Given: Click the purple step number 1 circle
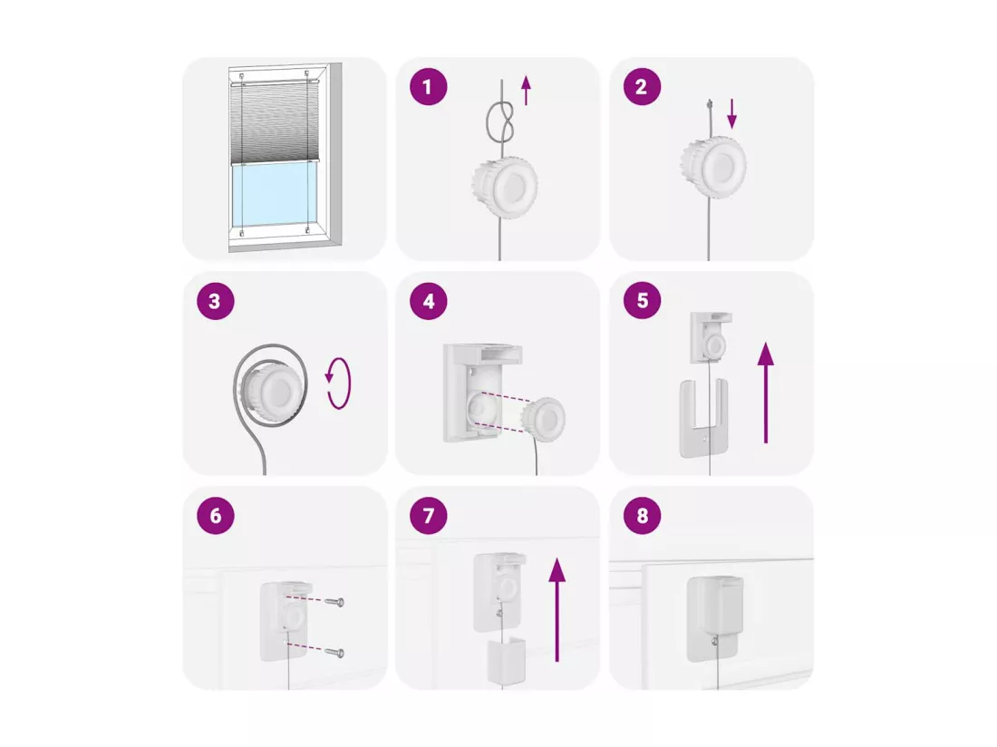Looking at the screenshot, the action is point(428,86).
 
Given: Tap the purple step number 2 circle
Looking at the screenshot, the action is point(642,86).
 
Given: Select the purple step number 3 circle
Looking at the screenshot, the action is point(215,301).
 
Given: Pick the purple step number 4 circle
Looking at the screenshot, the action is point(428,301).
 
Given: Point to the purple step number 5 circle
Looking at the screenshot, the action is point(642,301).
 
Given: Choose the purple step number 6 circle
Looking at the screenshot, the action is point(215,515).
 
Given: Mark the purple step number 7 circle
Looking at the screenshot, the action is point(428,515).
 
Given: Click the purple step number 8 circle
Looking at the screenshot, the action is point(642,515).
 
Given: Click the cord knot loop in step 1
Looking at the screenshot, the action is point(489,121).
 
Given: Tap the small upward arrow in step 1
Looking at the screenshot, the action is point(525,91).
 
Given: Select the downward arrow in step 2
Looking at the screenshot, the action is point(731,113).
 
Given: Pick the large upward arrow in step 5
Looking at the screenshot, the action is point(766,393).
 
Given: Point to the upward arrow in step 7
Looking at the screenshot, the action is point(557,610).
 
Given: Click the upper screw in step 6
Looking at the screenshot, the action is point(334,601).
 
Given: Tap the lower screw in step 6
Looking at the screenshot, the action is point(334,652).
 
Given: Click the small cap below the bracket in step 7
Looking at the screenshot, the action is point(506,662).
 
